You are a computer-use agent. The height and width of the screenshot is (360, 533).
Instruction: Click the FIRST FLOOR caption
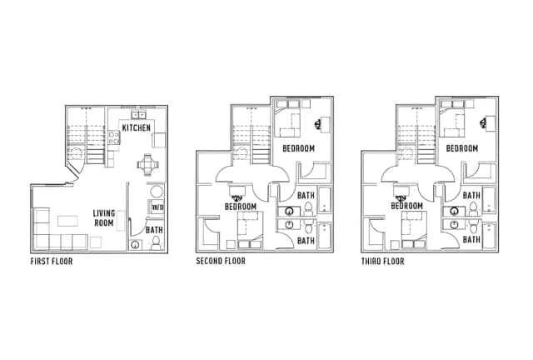(x=52, y=262)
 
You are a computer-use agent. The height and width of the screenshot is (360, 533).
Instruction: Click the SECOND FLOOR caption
(x=221, y=261)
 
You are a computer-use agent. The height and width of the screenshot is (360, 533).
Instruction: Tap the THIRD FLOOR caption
(x=383, y=262)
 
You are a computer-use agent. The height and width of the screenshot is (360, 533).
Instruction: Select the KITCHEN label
(x=137, y=128)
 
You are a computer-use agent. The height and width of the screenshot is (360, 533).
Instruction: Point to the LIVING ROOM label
(x=104, y=218)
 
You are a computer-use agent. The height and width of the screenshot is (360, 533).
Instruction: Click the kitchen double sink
(x=139, y=115)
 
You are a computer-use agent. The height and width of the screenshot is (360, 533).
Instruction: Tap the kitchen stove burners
(x=114, y=137)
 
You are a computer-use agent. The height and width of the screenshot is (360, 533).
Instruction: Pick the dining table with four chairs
(x=148, y=165)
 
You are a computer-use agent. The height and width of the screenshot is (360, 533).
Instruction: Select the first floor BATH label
(x=154, y=230)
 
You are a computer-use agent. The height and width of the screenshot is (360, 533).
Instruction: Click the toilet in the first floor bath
(x=156, y=243)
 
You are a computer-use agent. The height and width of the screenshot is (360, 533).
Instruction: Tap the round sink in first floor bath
(x=136, y=245)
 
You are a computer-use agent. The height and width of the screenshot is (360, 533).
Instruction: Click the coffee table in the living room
(x=67, y=221)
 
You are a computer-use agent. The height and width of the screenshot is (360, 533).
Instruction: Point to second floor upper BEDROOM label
(x=298, y=148)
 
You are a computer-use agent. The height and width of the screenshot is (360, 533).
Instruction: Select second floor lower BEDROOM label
(x=241, y=207)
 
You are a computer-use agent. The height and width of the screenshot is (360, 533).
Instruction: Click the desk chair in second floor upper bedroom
(x=318, y=123)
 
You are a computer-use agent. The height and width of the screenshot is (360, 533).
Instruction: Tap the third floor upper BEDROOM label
(x=462, y=148)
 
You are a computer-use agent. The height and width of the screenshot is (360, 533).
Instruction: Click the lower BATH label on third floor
(x=471, y=240)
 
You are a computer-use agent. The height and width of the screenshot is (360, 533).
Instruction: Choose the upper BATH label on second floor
(x=306, y=196)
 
